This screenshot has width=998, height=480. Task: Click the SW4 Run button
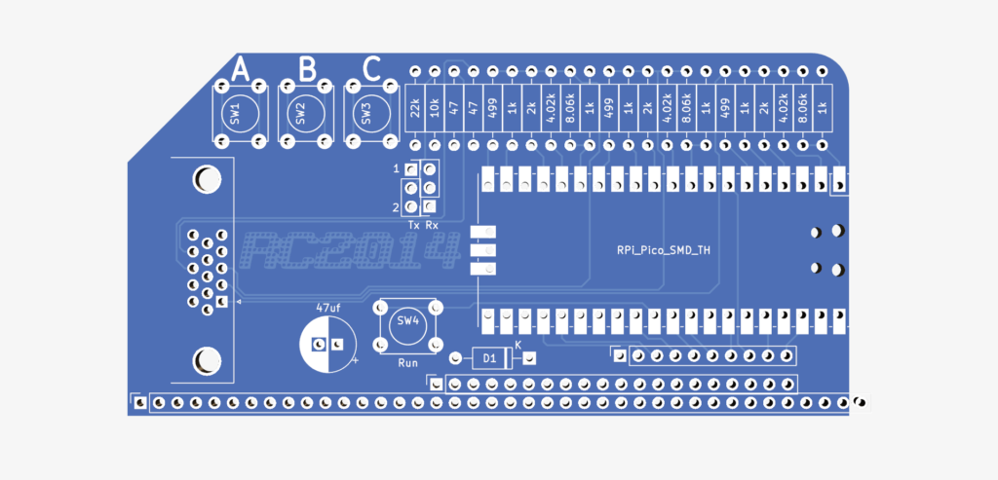tap(405, 323)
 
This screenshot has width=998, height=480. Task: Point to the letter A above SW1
tap(240, 69)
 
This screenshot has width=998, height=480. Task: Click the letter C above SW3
tap(371, 69)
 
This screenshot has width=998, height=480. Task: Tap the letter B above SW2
tap(307, 69)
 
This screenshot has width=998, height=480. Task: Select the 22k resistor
tap(414, 107)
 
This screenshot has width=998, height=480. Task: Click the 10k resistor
tap(434, 107)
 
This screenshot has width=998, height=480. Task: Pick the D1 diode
tap(491, 358)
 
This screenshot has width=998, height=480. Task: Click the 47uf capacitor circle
tap(327, 345)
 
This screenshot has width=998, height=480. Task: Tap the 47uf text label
tap(327, 308)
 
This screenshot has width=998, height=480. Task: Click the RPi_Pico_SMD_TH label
tap(663, 250)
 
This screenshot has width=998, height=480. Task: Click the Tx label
tap(414, 225)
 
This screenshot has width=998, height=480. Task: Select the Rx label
tap(432, 225)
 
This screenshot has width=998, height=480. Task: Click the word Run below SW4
tap(407, 361)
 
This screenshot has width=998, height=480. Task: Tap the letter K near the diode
tap(518, 345)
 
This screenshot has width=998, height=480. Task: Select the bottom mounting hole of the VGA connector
tap(206, 361)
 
